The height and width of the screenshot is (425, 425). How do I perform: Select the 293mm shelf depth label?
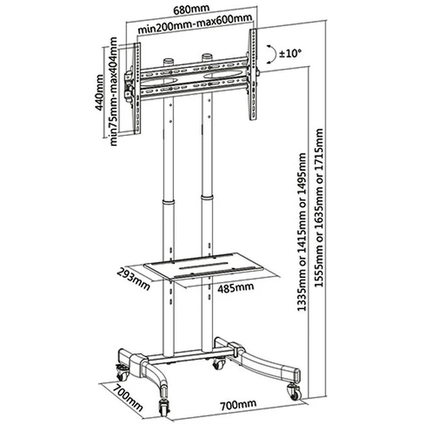tap(133, 277)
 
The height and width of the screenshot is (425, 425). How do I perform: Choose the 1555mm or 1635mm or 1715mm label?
tap(319, 222)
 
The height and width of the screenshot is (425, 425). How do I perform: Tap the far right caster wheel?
tap(292, 392)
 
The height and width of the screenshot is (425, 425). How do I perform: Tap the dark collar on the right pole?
tap(208, 220)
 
